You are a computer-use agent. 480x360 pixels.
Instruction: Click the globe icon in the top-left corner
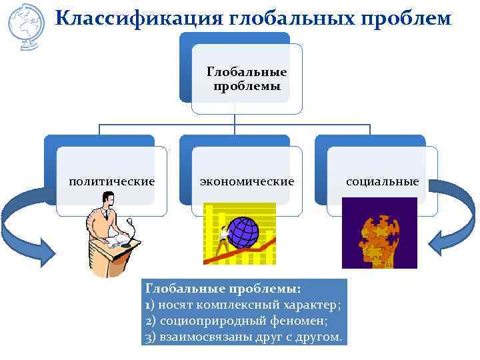tap(25, 25)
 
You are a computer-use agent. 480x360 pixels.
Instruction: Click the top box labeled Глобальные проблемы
tap(247, 79)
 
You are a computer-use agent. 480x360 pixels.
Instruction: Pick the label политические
tap(112, 181)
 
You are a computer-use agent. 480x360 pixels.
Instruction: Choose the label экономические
tap(247, 181)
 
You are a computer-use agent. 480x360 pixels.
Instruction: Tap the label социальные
tap(382, 181)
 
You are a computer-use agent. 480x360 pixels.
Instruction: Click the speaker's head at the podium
tap(106, 199)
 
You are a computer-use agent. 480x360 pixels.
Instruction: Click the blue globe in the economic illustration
tap(243, 231)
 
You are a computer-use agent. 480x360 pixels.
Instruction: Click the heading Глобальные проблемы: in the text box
tap(223, 289)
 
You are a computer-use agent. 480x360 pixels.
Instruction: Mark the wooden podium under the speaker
tap(110, 257)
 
